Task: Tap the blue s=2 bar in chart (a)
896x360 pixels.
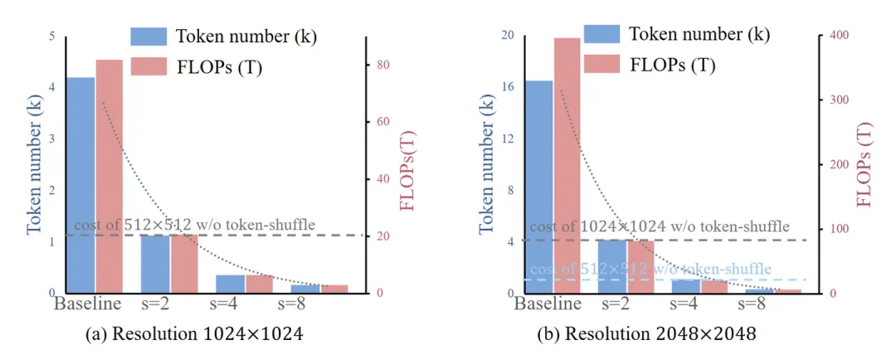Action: tap(155, 263)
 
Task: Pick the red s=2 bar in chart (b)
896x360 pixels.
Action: tap(640, 265)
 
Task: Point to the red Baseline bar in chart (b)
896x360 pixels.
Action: tap(567, 166)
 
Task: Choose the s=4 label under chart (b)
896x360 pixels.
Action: tap(686, 303)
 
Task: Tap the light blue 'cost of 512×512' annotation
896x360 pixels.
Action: tap(650, 270)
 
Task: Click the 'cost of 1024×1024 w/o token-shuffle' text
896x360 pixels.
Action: tap(660, 226)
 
